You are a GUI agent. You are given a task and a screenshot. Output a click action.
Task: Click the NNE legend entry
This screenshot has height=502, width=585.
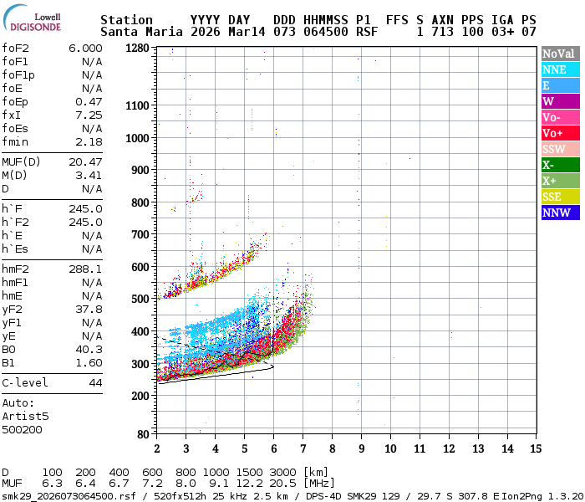coord(559,69)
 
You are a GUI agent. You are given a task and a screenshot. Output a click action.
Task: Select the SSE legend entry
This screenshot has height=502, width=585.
coord(559,197)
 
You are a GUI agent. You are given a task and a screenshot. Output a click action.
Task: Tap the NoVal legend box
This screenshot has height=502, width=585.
coord(559,54)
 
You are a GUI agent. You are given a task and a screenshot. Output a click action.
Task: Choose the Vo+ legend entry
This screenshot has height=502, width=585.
coord(559,133)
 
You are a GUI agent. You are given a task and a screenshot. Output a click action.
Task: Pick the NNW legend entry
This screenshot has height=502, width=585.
coord(559,213)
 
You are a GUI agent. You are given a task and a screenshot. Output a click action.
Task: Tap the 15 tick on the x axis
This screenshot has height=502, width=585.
coord(536,448)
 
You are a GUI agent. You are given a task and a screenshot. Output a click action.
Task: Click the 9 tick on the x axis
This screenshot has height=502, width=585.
coord(361,448)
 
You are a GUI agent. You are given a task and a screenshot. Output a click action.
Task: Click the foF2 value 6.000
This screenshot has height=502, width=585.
coord(85,49)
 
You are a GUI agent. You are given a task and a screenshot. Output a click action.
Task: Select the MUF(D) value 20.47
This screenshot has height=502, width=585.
coord(85,161)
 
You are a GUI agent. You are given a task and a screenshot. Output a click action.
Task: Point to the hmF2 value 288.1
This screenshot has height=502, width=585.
coord(85,269)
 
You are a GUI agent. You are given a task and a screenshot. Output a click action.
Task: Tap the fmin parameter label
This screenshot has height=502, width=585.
coord(15,141)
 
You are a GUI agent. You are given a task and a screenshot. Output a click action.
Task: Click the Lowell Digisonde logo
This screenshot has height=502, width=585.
coord(35,20)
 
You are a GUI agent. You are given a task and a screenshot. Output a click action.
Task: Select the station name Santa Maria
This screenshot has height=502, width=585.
coord(137,32)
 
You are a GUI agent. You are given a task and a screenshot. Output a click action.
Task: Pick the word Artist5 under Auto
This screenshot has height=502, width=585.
coord(25,416)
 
